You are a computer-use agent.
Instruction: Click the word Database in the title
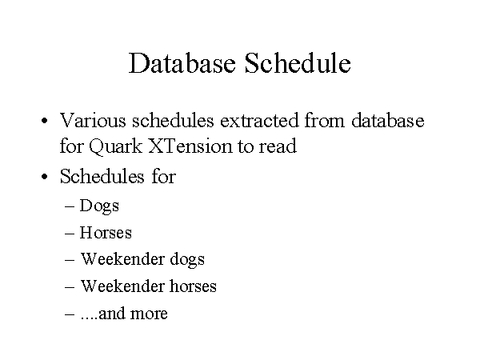pyautogui.click(x=182, y=63)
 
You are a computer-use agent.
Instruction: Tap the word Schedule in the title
pyautogui.click(x=298, y=63)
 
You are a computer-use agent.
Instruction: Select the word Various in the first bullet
pyautogui.click(x=93, y=120)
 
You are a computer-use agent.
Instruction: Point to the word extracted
pyautogui.click(x=259, y=120)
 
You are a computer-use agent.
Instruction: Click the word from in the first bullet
pyautogui.click(x=325, y=120)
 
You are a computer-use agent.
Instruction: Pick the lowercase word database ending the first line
pyautogui.click(x=387, y=120)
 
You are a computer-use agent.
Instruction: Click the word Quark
pyautogui.click(x=116, y=146)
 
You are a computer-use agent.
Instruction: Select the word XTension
pyautogui.click(x=190, y=146)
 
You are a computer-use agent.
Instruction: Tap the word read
pyautogui.click(x=278, y=146)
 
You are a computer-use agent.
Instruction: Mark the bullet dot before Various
pyautogui.click(x=44, y=121)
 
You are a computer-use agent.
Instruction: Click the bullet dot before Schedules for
pyautogui.click(x=44, y=177)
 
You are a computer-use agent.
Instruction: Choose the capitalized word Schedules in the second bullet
pyautogui.click(x=102, y=176)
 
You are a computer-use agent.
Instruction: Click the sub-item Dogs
pyautogui.click(x=99, y=206)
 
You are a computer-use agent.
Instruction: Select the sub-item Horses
pyautogui.click(x=106, y=232)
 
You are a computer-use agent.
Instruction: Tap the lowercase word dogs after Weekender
pyautogui.click(x=187, y=260)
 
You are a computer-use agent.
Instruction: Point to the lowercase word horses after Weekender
pyautogui.click(x=193, y=286)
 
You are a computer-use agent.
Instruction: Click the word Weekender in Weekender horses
pyautogui.click(x=122, y=286)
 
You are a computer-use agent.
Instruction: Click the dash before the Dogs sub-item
pyautogui.click(x=70, y=206)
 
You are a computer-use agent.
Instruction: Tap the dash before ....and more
pyautogui.click(x=70, y=314)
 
